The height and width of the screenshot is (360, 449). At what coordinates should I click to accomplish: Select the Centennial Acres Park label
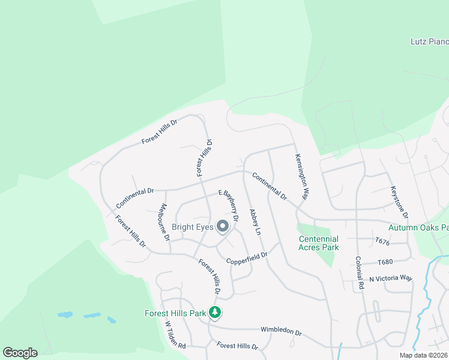pos(319,243)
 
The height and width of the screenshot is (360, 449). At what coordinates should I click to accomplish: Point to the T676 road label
pos(382,241)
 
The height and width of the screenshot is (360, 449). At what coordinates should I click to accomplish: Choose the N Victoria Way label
pos(391,278)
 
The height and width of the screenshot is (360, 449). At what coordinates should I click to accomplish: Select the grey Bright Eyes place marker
pos(223,227)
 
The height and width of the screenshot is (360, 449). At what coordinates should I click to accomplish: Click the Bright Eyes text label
pos(192,227)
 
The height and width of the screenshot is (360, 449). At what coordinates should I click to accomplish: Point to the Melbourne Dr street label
pos(164,222)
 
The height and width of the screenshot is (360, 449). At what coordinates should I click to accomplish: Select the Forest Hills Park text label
pos(175,313)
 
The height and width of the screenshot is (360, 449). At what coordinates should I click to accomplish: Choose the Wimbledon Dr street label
pos(280,331)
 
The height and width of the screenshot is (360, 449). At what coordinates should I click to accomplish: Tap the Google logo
pos(20,353)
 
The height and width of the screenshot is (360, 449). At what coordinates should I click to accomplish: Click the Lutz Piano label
pos(429,41)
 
